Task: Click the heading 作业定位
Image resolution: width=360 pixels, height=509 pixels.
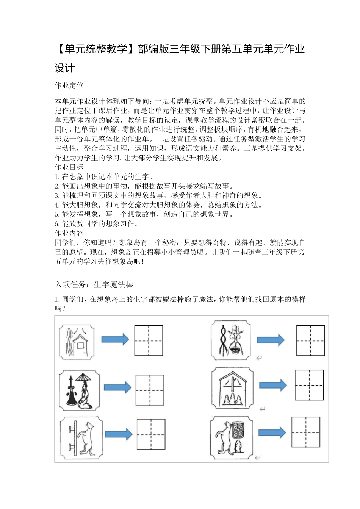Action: coord(69,86)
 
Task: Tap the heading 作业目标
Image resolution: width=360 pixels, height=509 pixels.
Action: coord(69,167)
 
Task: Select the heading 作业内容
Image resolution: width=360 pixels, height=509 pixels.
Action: coord(69,233)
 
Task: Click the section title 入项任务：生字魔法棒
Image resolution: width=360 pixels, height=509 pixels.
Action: coord(94,284)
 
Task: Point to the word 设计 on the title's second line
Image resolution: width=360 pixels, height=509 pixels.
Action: coord(65,68)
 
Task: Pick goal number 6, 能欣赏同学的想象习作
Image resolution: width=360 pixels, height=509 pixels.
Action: coord(97,224)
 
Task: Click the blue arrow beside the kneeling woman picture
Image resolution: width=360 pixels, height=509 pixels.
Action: coord(117,387)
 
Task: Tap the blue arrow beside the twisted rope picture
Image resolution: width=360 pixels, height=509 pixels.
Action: coord(271,340)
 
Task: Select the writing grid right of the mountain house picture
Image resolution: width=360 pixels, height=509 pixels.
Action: coord(310,385)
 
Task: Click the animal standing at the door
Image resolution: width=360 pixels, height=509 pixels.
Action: coord(88,439)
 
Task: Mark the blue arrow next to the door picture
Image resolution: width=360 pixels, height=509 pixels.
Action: coord(119,434)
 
